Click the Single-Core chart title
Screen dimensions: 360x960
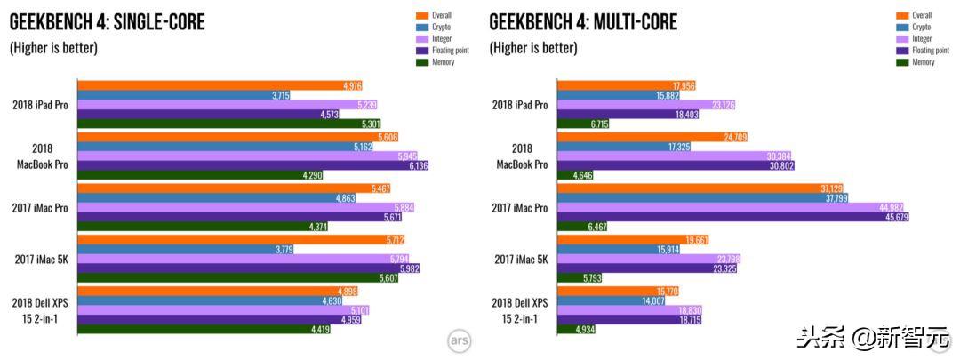click(x=107, y=22)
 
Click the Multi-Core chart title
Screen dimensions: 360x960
click(x=583, y=22)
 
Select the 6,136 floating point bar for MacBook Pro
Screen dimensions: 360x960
click(x=253, y=165)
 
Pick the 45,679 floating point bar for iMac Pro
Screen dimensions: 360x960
click(x=732, y=217)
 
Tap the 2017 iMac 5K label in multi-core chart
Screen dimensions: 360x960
click(x=520, y=259)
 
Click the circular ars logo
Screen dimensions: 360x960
click(x=458, y=340)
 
